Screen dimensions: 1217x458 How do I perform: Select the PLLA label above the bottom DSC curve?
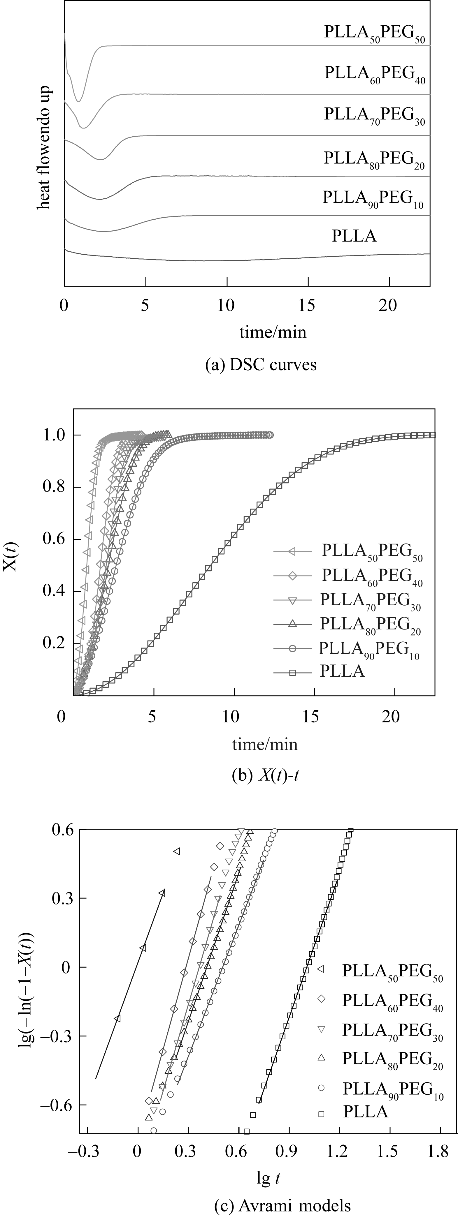coord(354,236)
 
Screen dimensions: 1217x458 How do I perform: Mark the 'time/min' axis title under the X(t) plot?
coord(265,745)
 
